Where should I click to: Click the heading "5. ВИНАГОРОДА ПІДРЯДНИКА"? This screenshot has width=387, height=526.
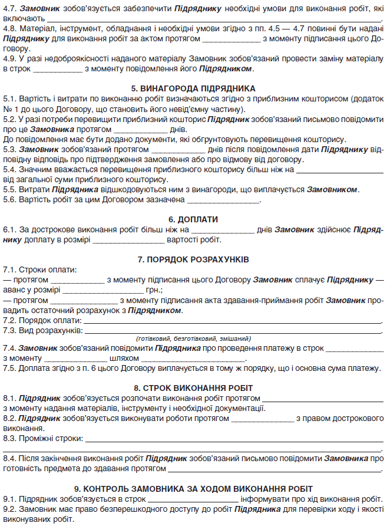pos(193,88)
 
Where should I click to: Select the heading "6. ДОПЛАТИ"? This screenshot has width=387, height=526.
pos(193,219)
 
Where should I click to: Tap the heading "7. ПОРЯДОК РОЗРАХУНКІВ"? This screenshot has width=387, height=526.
pos(193,259)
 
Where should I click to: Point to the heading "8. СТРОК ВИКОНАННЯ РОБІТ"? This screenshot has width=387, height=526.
pos(193,388)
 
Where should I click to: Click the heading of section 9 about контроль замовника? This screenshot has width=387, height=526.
pos(193,489)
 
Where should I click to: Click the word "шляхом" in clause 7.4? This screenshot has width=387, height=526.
pos(124,358)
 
